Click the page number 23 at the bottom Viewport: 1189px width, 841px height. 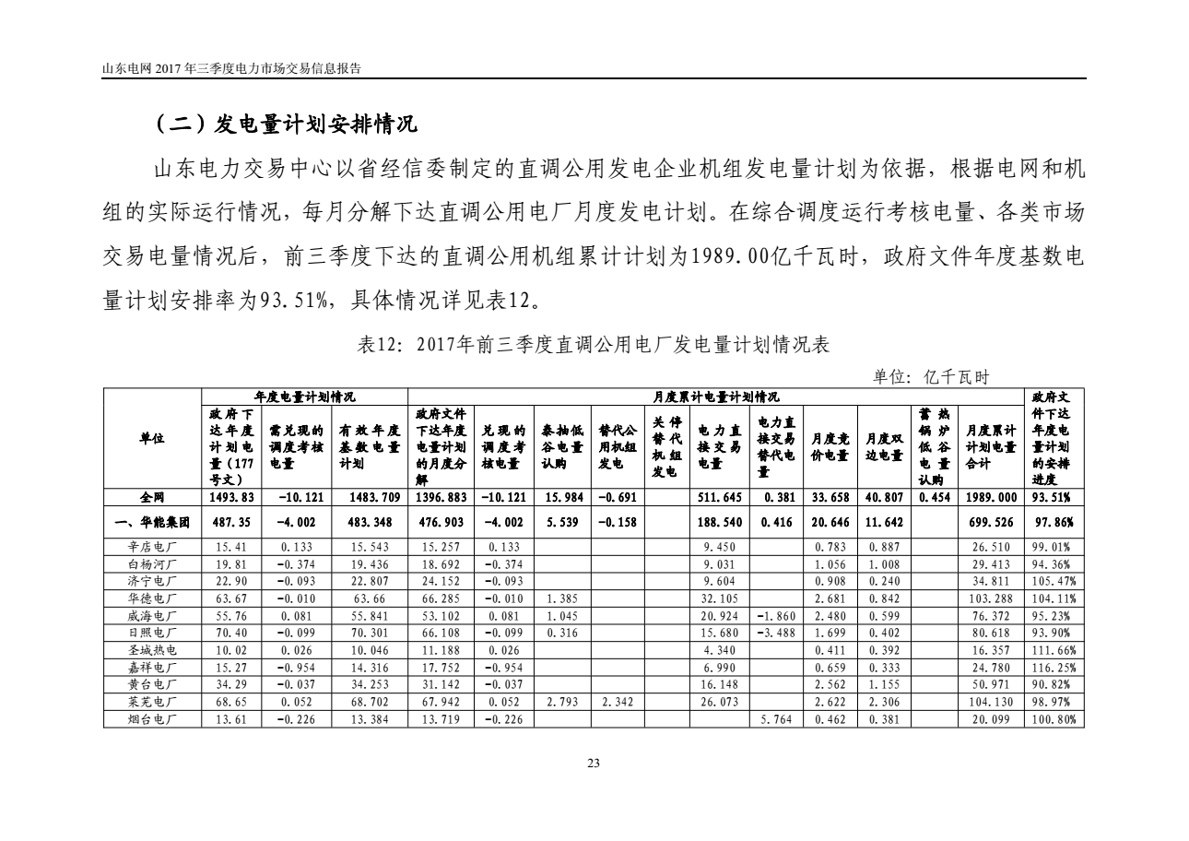click(593, 763)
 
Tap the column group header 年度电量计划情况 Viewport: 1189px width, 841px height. click(305, 397)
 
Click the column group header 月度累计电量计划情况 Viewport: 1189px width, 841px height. click(715, 397)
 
